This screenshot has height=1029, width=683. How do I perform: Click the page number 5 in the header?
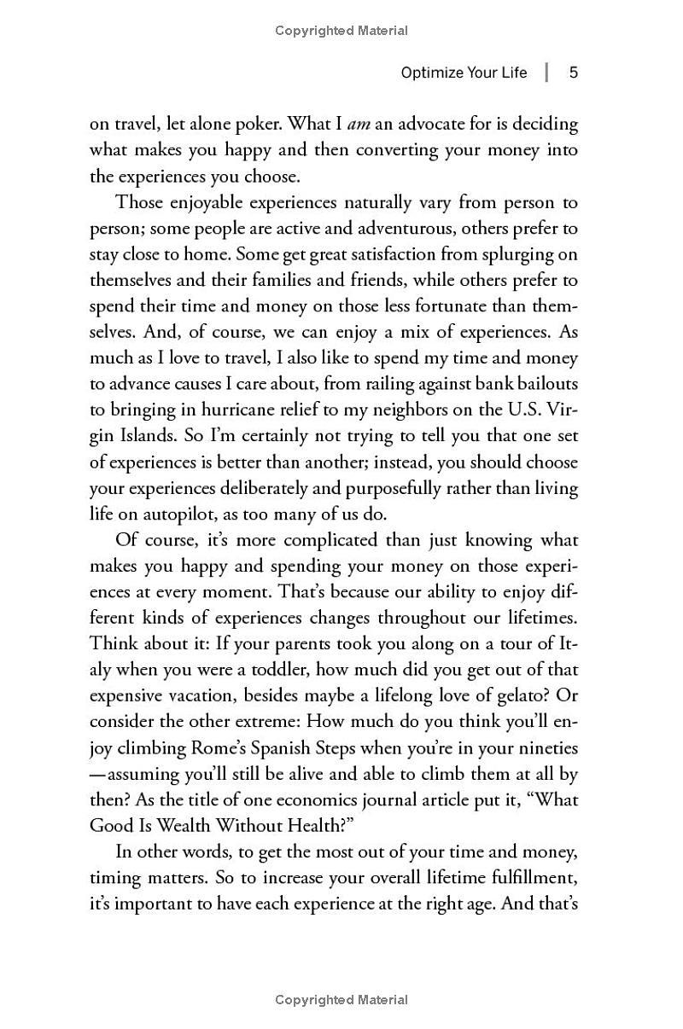[x=574, y=73]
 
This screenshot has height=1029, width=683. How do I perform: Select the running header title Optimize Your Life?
[x=464, y=73]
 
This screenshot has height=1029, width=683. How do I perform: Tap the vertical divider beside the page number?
[x=547, y=73]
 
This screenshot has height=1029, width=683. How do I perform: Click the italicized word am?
[x=359, y=125]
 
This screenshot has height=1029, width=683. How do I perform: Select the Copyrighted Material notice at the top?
[x=341, y=31]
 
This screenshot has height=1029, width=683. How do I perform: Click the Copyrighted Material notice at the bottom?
[x=341, y=1000]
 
